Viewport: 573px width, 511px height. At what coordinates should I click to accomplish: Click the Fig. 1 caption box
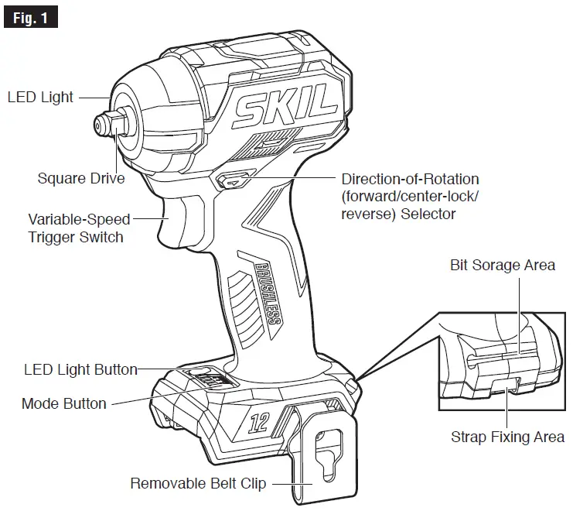tap(30, 16)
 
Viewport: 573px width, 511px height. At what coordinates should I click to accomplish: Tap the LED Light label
tap(40, 98)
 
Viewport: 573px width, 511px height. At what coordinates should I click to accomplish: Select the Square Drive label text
tap(81, 179)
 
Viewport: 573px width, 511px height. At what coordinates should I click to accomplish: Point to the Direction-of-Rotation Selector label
tap(410, 196)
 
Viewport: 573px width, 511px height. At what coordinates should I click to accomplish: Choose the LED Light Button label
tap(80, 369)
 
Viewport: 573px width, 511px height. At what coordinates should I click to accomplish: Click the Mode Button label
tap(64, 403)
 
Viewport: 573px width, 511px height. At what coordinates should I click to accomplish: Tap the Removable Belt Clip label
tap(198, 484)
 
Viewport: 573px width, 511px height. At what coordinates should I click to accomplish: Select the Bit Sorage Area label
tap(503, 265)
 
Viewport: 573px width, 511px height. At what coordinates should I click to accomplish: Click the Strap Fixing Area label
tap(507, 437)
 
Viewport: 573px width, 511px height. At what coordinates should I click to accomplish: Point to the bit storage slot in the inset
tap(495, 356)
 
